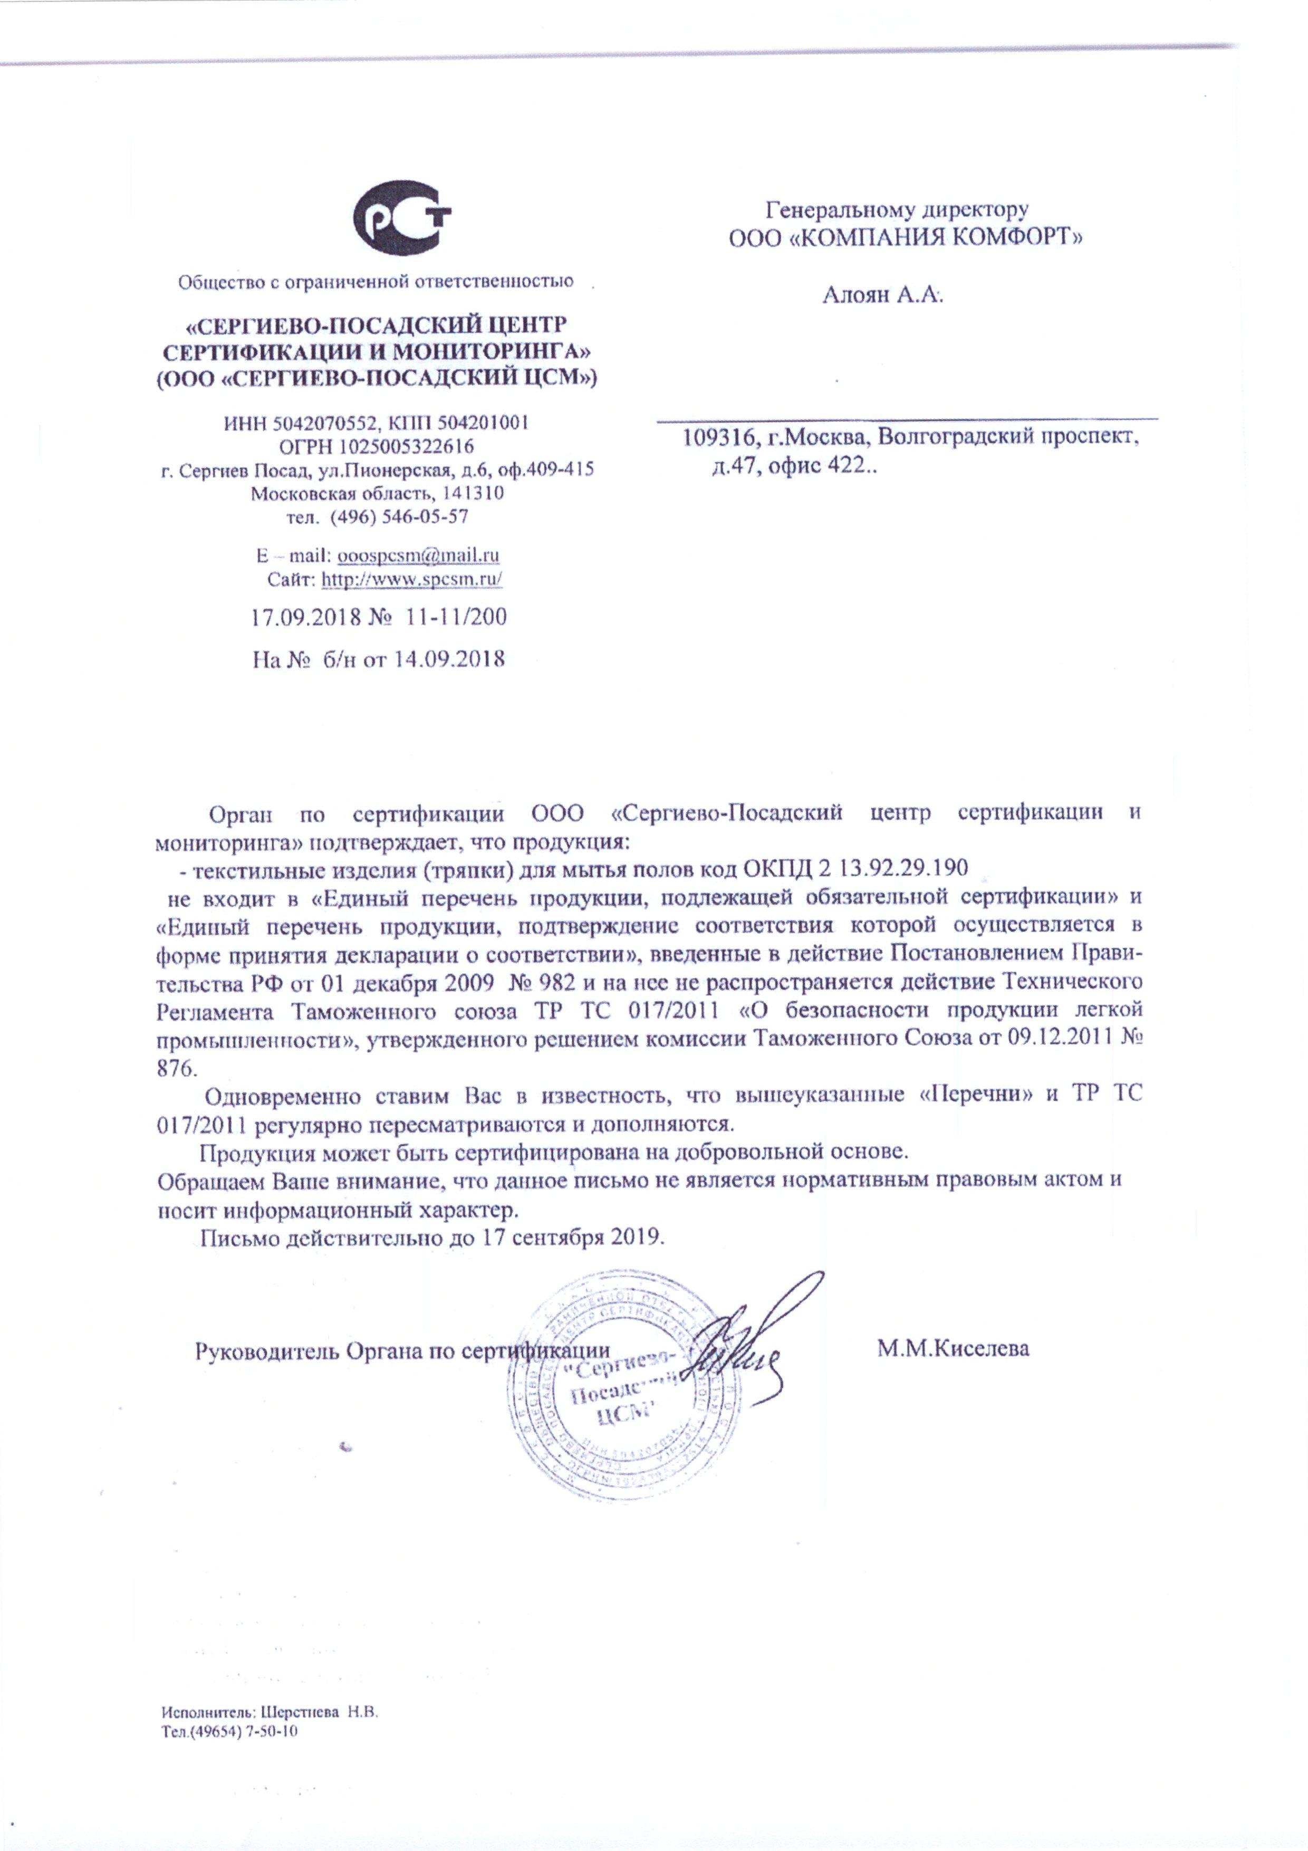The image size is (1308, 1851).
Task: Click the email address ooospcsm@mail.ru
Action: (418, 555)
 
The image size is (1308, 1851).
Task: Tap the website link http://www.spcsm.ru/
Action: (412, 579)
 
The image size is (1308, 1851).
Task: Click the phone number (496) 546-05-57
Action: (400, 516)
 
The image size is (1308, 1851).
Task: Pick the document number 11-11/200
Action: (457, 618)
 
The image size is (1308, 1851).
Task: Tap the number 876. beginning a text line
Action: (175, 1067)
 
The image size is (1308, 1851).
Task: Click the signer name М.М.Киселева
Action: (954, 1348)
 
